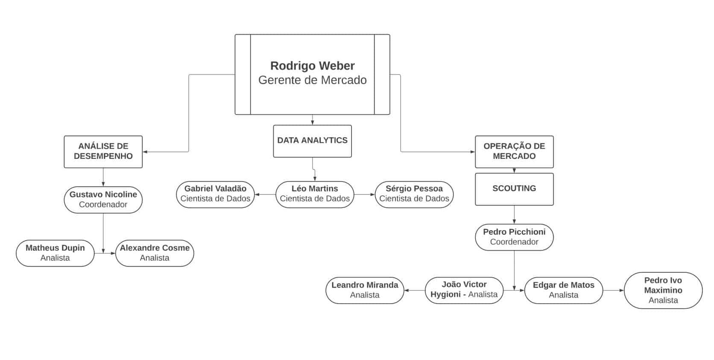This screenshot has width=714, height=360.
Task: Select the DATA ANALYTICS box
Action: tap(312, 140)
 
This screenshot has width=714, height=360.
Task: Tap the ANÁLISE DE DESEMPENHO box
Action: tap(103, 151)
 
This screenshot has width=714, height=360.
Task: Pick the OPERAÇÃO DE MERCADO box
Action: tap(514, 151)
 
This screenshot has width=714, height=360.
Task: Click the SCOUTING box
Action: tap(514, 189)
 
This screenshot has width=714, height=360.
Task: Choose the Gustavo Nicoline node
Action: tap(103, 199)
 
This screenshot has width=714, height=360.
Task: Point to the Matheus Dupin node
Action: tap(55, 253)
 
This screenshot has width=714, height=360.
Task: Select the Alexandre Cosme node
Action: tap(155, 253)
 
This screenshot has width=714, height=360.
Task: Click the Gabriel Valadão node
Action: tap(215, 194)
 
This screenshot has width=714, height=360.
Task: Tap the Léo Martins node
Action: tap(315, 194)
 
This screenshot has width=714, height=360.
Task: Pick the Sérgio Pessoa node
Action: tap(414, 194)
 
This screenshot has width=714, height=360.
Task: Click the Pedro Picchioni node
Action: tap(514, 237)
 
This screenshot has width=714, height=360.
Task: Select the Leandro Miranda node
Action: tap(365, 290)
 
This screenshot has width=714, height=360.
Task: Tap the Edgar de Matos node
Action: tap(563, 290)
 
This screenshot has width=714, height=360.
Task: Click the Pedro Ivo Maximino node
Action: tap(663, 290)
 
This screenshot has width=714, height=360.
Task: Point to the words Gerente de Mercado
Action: tap(312, 80)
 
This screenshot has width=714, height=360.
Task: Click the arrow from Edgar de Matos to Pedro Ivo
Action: tap(613, 290)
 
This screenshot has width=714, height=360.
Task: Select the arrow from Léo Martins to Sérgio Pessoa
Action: tap(364, 195)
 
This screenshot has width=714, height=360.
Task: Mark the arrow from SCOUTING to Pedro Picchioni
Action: tap(514, 214)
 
